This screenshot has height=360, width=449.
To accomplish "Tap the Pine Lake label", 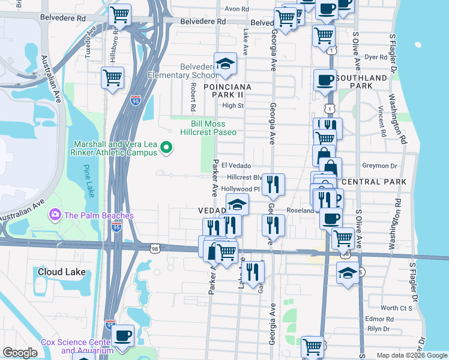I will (89, 181).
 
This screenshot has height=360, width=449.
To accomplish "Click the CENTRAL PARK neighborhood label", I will (373, 182).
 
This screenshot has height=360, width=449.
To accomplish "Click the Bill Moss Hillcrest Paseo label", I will (209, 128).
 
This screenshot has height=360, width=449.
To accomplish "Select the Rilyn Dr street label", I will (379, 328).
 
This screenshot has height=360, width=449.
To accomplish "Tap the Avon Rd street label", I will (237, 10).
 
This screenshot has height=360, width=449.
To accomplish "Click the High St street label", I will (232, 106).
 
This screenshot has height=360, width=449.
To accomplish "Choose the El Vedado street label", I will (236, 166).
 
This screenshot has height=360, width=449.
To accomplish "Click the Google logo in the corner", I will (20, 353).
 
